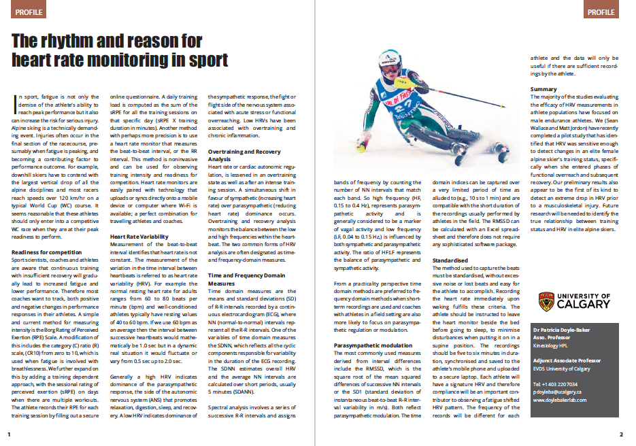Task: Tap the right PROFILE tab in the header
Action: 601,12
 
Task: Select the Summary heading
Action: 543,90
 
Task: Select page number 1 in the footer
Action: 9,434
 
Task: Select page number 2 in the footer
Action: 621,434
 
